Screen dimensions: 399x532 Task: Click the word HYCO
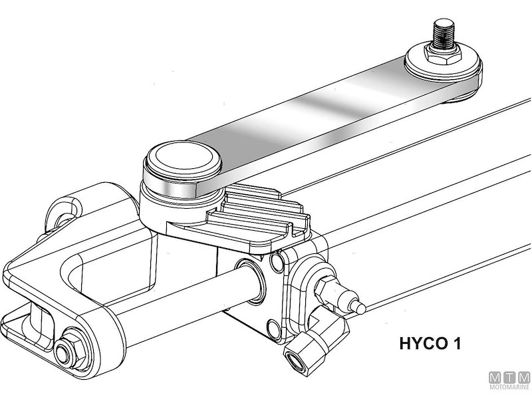[423, 345]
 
